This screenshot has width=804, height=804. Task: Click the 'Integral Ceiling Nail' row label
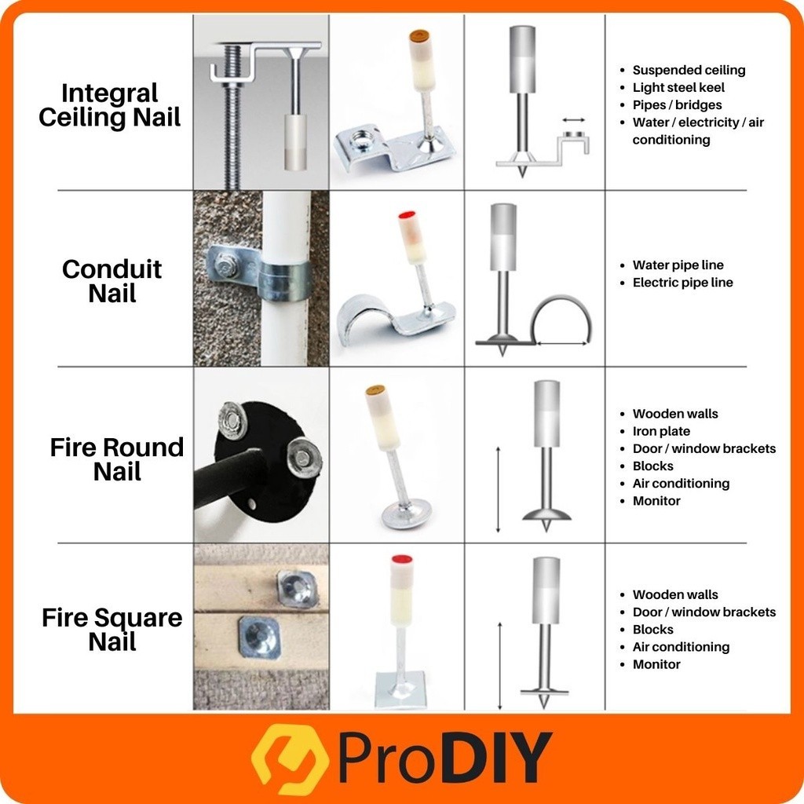110,105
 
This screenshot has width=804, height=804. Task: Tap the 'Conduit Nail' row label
111,281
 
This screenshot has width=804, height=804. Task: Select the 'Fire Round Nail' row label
117,459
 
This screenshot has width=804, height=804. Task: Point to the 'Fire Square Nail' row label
111,630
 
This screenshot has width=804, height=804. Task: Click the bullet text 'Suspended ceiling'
689,70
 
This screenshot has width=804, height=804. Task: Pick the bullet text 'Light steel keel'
678,88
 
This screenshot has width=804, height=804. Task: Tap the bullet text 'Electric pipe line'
682,283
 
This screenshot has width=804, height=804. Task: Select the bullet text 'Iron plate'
661,431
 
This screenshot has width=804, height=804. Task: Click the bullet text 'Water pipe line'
678,265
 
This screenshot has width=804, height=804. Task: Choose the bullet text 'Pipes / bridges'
677,105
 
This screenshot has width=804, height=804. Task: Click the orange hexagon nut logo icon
289,758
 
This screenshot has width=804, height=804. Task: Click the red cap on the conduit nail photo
406,215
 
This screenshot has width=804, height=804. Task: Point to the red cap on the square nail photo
402,559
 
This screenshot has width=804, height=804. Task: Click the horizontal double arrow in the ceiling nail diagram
573,120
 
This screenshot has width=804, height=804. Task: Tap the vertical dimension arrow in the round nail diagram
498,490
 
